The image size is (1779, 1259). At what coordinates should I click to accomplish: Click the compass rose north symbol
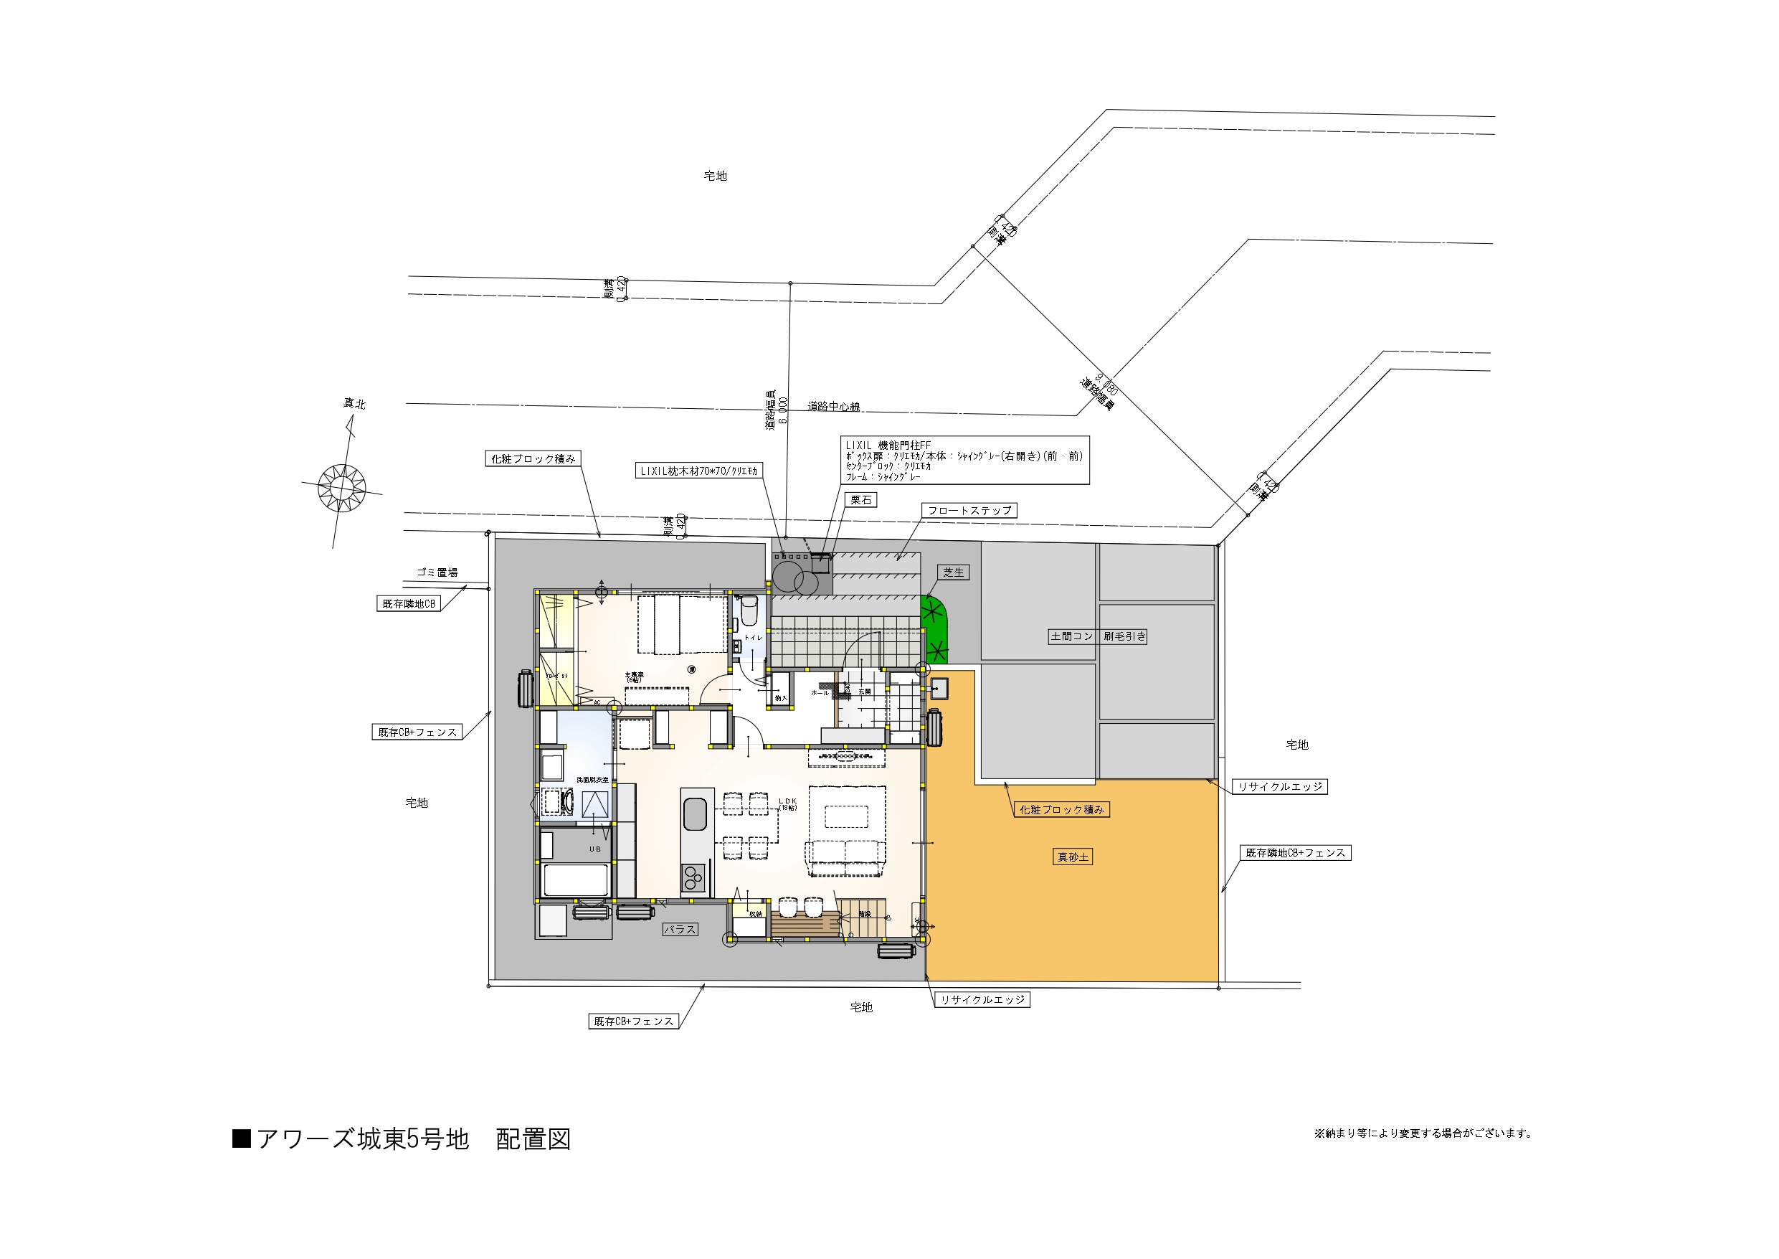point(342,487)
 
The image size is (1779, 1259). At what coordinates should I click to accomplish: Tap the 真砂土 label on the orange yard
point(1073,857)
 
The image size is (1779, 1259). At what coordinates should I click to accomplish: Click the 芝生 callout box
point(953,572)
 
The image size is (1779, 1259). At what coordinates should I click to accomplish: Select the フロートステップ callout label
point(969,510)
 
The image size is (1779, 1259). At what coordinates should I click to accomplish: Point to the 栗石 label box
point(861,500)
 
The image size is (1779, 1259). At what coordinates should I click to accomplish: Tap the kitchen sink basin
point(695,815)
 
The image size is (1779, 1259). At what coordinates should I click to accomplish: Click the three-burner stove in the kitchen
point(693,878)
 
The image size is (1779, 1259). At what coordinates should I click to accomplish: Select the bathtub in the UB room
point(576,880)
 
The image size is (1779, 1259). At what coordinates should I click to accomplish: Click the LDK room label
point(787,801)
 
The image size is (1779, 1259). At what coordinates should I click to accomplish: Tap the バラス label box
point(680,930)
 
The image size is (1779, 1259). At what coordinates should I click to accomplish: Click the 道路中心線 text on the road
point(834,406)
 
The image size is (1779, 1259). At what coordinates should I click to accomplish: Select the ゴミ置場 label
point(437,572)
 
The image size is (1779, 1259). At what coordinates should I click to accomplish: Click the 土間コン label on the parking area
point(1071,636)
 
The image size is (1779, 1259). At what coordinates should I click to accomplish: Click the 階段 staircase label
point(865,915)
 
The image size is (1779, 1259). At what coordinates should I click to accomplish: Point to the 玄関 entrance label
point(864,692)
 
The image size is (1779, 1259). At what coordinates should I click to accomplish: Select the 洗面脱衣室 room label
point(592,780)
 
